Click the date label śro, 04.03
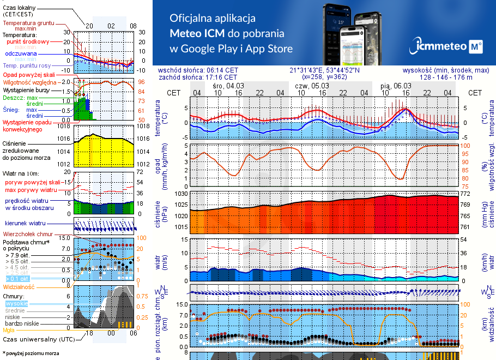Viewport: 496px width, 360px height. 228,86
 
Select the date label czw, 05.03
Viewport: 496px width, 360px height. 312,86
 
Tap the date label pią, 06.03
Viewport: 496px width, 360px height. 396,86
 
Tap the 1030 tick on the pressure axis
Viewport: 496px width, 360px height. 182,194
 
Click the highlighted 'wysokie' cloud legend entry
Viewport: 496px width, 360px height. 16,303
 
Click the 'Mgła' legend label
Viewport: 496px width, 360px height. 9,330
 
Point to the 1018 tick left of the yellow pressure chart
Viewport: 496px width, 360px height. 65,126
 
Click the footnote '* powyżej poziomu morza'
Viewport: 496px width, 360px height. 31,353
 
